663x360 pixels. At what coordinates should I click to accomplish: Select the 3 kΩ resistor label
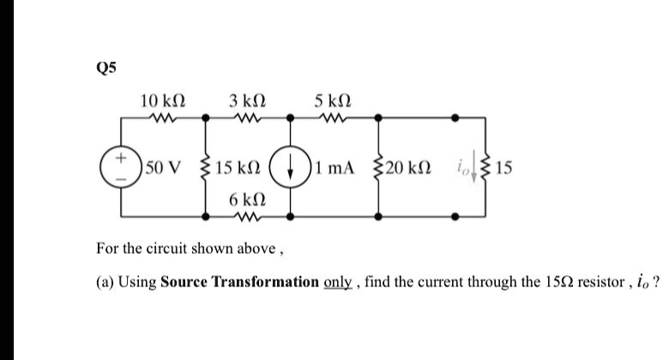point(246,102)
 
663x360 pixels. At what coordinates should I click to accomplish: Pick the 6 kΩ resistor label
point(246,198)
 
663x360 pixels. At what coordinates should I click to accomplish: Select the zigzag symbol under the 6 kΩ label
point(246,216)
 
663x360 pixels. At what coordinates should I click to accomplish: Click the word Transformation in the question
point(275,282)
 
